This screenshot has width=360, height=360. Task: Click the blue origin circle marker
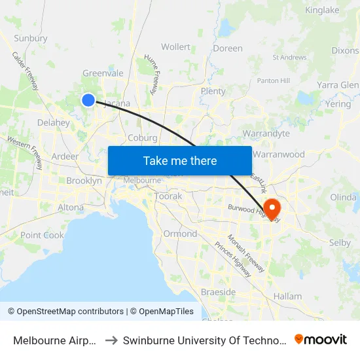(x=88, y=99)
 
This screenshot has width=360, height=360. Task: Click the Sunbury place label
(x=31, y=38)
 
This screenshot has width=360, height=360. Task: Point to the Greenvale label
(x=103, y=73)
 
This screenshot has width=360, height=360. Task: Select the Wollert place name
(x=175, y=47)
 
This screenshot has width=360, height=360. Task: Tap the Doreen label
(x=227, y=48)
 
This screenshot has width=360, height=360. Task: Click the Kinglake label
(x=322, y=10)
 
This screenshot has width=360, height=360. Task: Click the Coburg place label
(x=143, y=138)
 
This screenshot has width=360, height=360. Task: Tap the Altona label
(x=71, y=207)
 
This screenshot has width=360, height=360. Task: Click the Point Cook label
(x=42, y=235)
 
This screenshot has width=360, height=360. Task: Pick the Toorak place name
(x=168, y=196)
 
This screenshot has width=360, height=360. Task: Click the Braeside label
(x=218, y=292)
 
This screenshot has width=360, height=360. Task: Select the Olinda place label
(x=343, y=197)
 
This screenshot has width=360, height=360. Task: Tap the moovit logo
(x=321, y=339)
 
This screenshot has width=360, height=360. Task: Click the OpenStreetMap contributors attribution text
(x=66, y=312)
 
